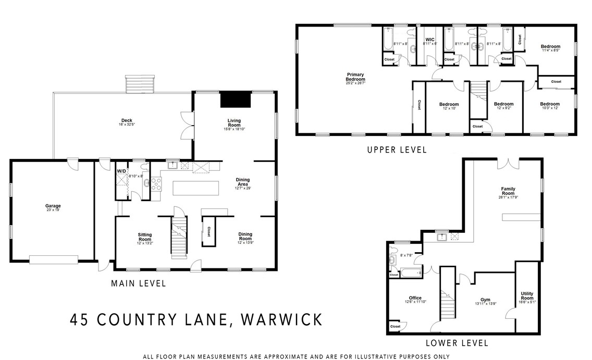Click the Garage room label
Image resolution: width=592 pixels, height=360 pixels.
53,206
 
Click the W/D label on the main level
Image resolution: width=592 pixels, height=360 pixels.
121,171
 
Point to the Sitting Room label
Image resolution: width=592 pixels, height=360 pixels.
144,237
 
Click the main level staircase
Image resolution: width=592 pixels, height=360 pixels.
179,237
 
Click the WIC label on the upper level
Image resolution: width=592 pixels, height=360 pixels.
430,40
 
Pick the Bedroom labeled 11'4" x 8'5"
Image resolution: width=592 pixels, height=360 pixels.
551,47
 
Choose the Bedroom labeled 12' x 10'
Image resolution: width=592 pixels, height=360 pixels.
448,104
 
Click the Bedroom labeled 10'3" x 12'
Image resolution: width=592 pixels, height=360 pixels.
549,104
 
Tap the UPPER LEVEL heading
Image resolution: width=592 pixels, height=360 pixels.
397,150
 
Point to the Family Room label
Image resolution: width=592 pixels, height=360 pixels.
508,191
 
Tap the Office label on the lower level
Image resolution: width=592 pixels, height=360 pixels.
415,298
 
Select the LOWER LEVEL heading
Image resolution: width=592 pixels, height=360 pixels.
457,343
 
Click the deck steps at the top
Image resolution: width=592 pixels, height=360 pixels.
140,83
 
